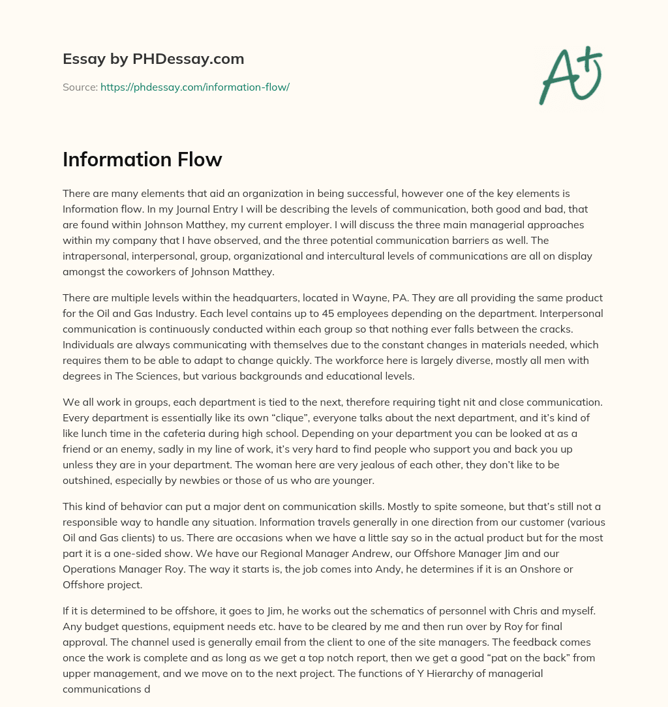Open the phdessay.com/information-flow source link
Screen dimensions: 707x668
pos(194,87)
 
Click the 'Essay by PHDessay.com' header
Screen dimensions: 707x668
pos(153,59)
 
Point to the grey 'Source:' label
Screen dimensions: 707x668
pos(80,87)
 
